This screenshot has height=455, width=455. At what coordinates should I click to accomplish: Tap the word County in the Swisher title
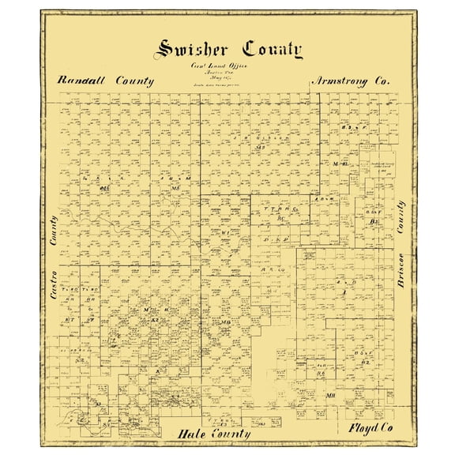coord(273,50)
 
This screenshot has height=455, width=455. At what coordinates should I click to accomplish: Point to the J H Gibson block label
coord(251,141)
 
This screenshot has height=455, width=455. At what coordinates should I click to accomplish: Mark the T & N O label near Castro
coord(69,289)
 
